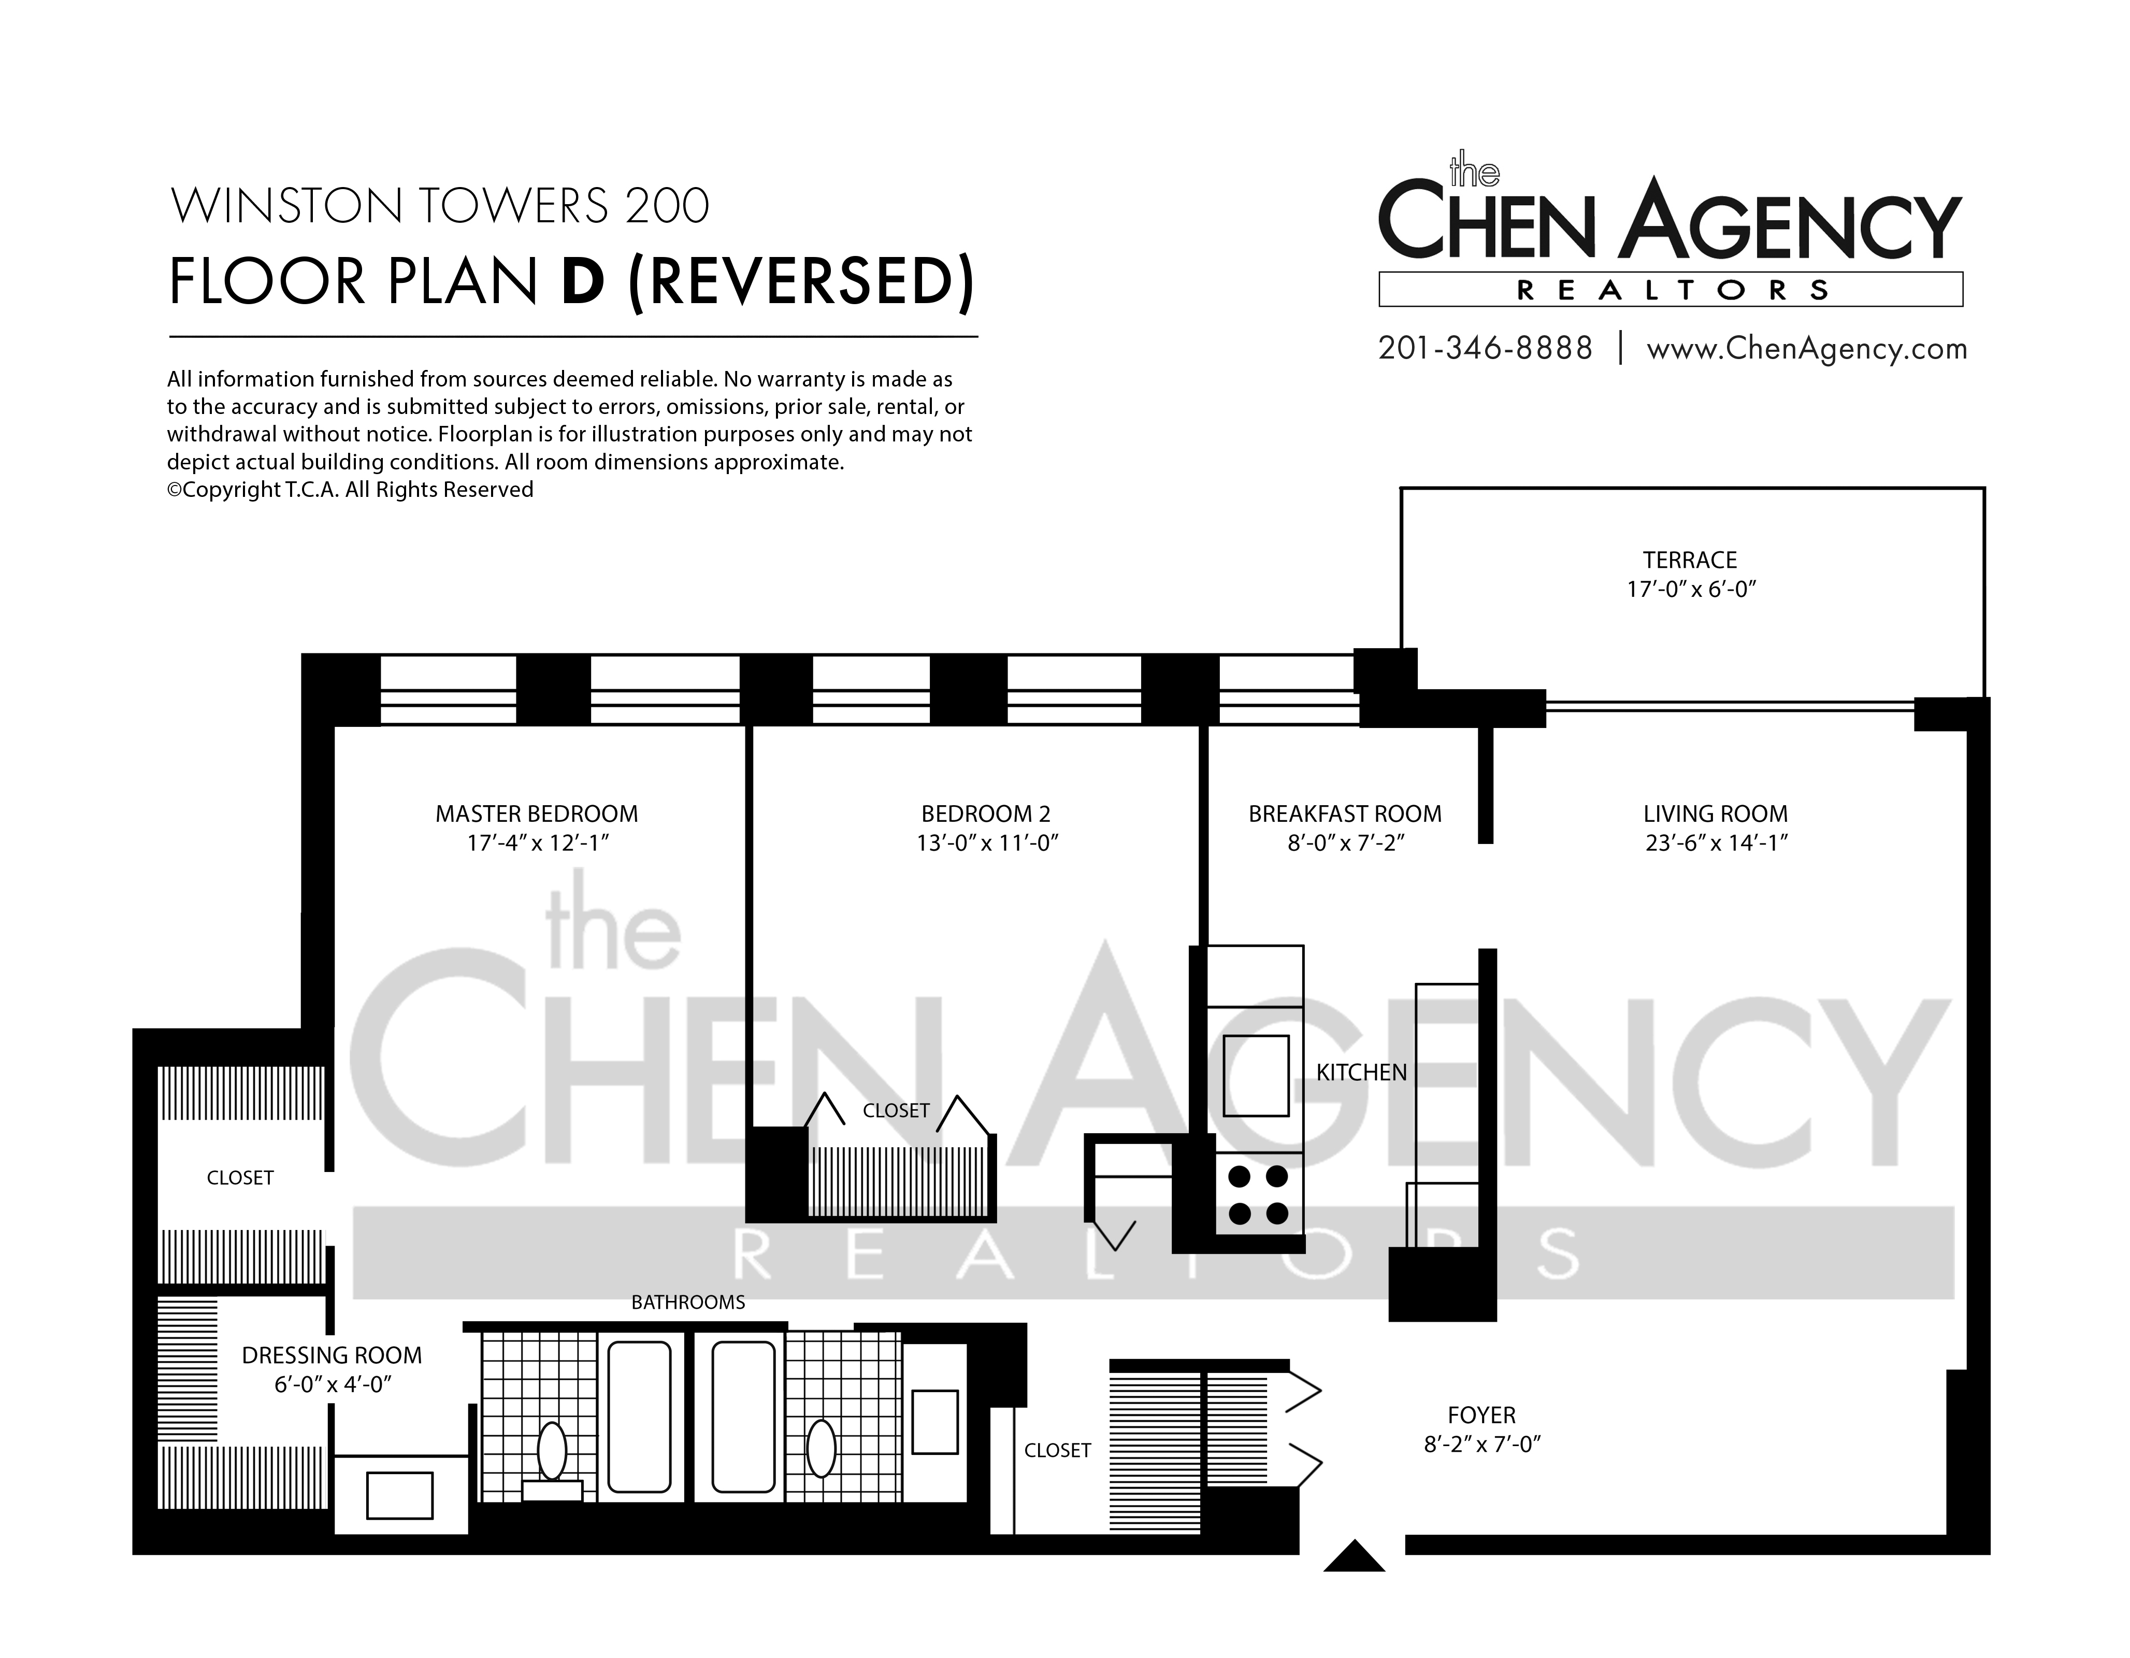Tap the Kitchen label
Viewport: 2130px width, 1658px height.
click(x=1361, y=1073)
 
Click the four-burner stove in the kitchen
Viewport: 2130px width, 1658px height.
click(x=1258, y=1195)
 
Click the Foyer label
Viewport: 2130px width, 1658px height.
click(x=1481, y=1415)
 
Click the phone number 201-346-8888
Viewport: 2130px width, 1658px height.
click(x=1485, y=348)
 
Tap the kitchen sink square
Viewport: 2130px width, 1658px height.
click(x=1256, y=1074)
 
